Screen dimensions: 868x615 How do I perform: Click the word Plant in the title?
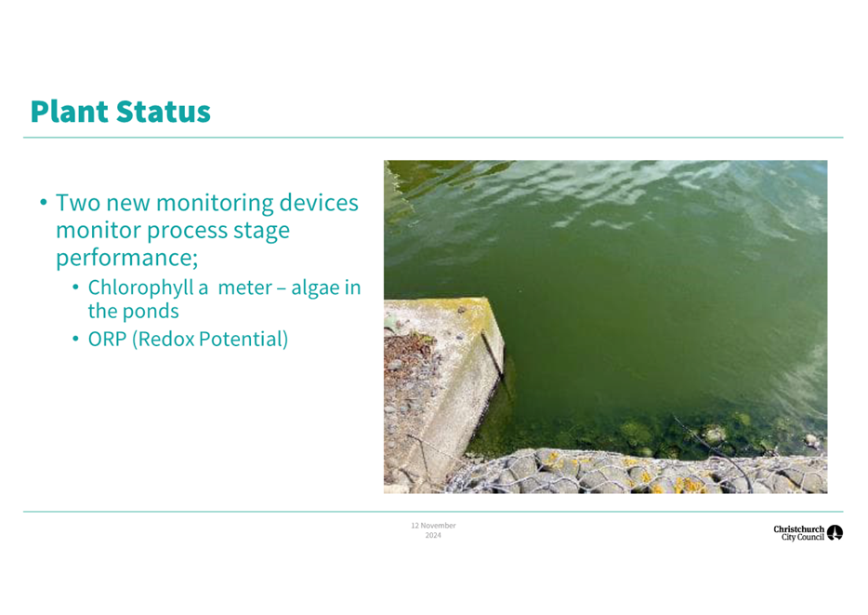click(70, 112)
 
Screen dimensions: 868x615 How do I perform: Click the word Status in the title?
click(164, 112)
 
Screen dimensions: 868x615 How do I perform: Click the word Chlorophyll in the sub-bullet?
click(140, 288)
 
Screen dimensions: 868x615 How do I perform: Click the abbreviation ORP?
click(108, 339)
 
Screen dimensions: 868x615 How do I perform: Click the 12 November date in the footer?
click(433, 526)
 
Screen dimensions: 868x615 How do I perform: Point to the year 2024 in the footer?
click(433, 535)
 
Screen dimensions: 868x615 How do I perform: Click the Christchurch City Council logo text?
click(799, 533)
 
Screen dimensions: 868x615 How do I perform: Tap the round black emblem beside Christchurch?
click(835, 532)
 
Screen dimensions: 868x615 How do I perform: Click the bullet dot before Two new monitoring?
click(43, 203)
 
